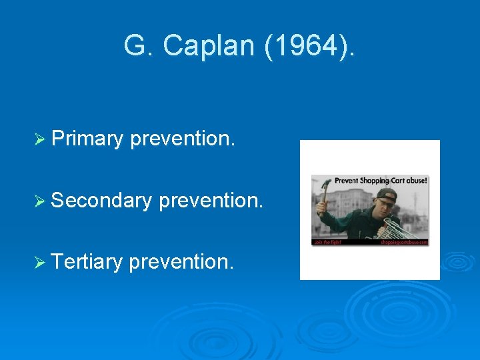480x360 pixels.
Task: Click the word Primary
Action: (x=87, y=139)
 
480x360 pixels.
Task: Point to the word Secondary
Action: (x=101, y=200)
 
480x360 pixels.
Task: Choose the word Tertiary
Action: (x=87, y=261)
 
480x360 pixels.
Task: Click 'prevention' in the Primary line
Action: (x=183, y=139)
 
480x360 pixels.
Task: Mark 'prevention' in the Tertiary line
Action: (x=181, y=261)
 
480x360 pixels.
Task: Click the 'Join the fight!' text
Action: (x=327, y=243)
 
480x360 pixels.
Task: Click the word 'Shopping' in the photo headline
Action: (x=374, y=180)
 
